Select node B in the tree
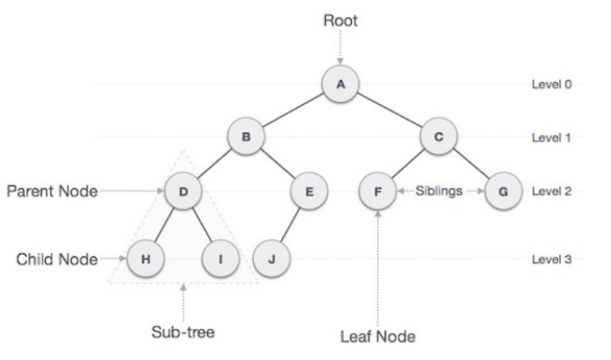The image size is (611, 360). pos(244,138)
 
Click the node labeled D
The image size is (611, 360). pos(183,192)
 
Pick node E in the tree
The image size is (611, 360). pos(309,192)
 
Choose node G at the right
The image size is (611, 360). pos(502,192)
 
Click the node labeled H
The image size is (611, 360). pos(144,258)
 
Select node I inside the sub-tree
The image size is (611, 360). pos(220,258)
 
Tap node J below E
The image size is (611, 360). pos(270,258)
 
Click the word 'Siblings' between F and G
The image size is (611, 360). pos(439,192)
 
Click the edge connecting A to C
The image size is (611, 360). pos(391,111)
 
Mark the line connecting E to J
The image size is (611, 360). pos(290,225)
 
